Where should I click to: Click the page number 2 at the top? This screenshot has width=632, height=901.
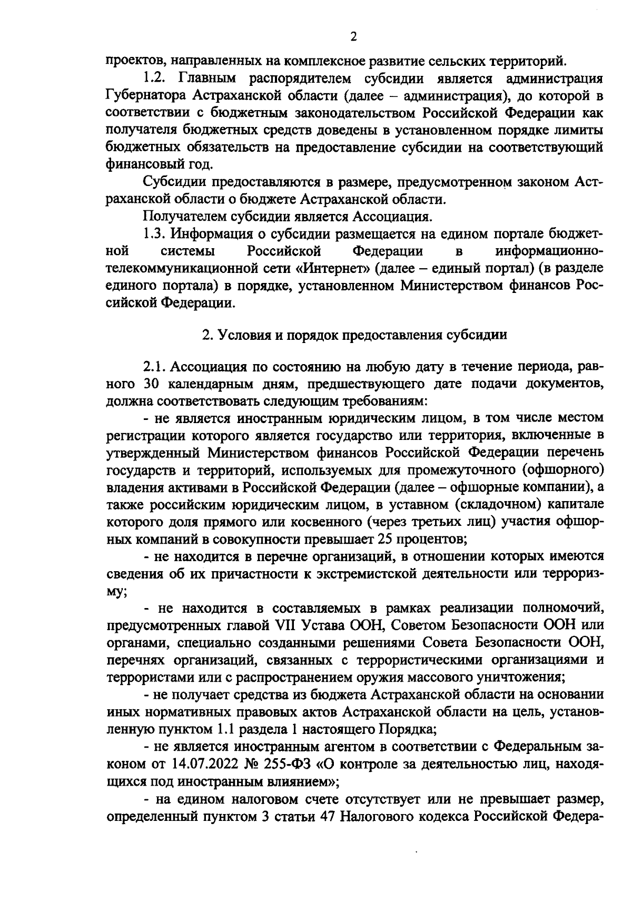point(353,36)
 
